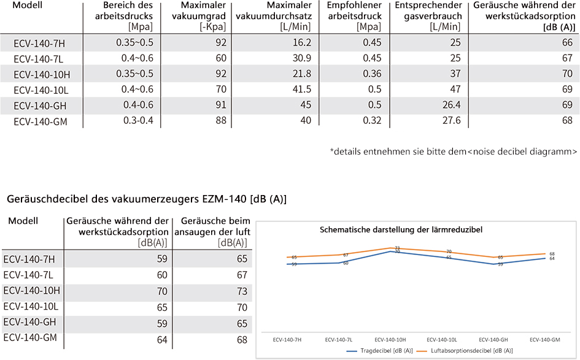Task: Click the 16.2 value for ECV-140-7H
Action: tap(302, 43)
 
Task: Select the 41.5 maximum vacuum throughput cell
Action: tap(302, 90)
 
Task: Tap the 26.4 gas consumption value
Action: tap(451, 105)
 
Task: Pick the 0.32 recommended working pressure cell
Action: tap(372, 120)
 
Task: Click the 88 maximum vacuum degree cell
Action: tap(221, 120)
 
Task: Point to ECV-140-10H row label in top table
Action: tap(42, 75)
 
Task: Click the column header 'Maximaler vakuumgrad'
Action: tap(199, 10)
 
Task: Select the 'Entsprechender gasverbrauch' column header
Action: tap(429, 10)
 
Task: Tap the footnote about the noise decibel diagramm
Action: tap(454, 151)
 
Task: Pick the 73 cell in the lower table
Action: tap(242, 291)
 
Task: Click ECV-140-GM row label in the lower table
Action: tap(30, 338)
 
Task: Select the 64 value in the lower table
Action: tap(162, 340)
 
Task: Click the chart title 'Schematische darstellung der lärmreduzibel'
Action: tap(401, 230)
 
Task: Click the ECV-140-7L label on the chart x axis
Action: tap(338, 340)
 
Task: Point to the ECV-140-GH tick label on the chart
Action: tap(493, 340)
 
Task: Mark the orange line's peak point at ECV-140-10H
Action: tap(390, 248)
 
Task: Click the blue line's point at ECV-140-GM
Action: tap(545, 258)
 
